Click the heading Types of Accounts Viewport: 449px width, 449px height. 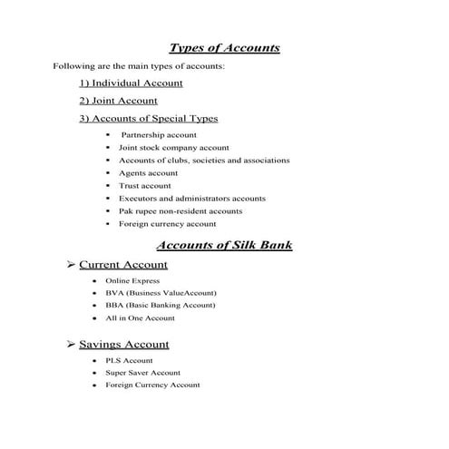[224, 48]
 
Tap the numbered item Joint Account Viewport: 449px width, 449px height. [118, 101]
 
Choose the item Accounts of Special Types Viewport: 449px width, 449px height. [149, 118]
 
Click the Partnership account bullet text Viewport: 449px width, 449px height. [158, 135]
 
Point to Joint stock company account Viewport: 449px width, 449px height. [173, 148]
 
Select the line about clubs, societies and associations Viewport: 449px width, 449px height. [204, 161]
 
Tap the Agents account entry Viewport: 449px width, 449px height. [148, 173]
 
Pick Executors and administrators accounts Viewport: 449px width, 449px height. [191, 199]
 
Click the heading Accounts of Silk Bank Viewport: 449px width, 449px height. [224, 245]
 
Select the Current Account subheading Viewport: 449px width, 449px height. [123, 265]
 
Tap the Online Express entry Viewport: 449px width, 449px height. [132, 281]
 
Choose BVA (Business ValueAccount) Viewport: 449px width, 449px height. [161, 294]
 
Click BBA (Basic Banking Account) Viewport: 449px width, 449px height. [161, 306]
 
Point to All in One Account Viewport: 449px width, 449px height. [140, 318]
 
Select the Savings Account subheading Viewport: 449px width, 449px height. [123, 345]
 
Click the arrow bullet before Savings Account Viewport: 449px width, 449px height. [72, 345]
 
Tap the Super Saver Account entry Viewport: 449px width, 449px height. [142, 373]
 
